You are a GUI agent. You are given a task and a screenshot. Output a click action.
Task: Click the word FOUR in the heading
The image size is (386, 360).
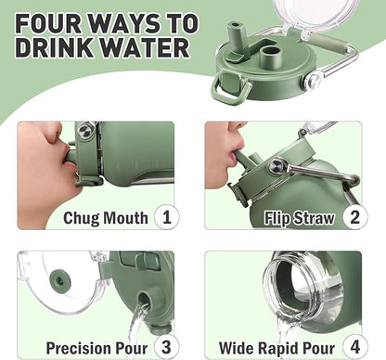(48, 23)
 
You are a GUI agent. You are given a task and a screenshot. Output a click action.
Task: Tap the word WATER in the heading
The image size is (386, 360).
(146, 47)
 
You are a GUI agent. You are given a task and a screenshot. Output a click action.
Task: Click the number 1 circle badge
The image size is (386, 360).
(167, 217)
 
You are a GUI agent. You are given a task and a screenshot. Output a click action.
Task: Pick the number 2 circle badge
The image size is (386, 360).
(354, 217)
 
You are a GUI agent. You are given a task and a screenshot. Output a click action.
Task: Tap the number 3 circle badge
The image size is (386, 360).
(167, 347)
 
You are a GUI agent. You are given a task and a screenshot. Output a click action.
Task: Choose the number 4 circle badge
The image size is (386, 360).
(354, 347)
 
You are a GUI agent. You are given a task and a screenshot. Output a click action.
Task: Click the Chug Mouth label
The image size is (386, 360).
(106, 218)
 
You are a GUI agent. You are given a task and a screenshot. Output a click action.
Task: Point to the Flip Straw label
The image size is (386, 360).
(300, 218)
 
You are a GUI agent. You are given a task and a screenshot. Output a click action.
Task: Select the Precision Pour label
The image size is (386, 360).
(96, 348)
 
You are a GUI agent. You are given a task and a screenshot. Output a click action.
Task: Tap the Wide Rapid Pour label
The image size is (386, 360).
(277, 348)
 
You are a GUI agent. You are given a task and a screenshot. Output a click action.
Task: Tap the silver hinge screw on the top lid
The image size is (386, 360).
(314, 81)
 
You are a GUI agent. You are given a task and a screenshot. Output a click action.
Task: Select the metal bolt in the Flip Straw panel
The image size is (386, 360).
(275, 166)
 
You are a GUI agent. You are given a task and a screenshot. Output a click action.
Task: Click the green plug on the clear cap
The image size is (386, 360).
(60, 280)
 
